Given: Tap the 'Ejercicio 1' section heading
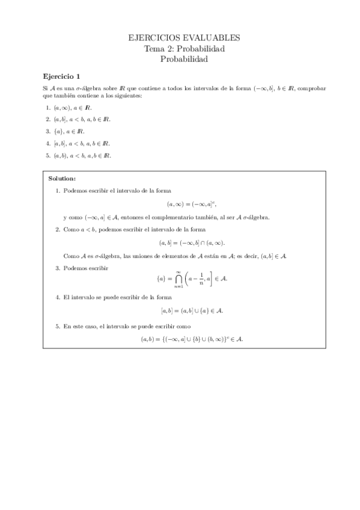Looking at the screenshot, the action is pos(62,76).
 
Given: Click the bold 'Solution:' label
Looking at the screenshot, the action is pos(61,179).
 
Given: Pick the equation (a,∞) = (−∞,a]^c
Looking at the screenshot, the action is pos(191,203).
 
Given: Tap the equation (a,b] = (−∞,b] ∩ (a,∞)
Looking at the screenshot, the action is pos(191,242).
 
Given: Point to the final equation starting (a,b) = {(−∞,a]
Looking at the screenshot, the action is pos(191,339).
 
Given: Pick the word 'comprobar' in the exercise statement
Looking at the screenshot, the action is pos(312,88).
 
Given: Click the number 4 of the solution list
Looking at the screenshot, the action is pos(57,297).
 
